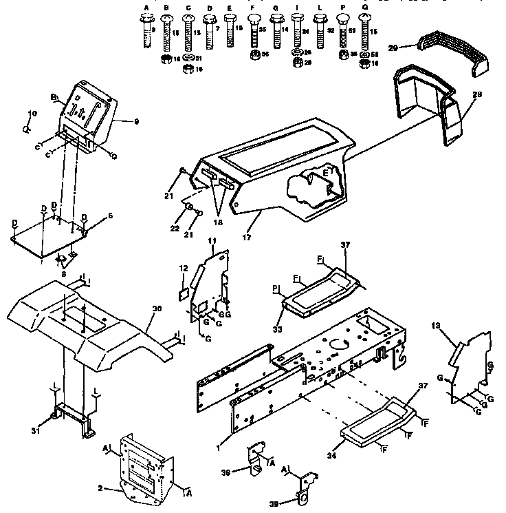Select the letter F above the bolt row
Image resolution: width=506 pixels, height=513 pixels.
pyautogui.click(x=254, y=8)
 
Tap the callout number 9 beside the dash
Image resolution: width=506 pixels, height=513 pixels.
pyautogui.click(x=136, y=121)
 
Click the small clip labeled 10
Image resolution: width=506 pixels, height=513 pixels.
pyautogui.click(x=27, y=127)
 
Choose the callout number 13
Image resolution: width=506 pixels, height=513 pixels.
pyautogui.click(x=436, y=324)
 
